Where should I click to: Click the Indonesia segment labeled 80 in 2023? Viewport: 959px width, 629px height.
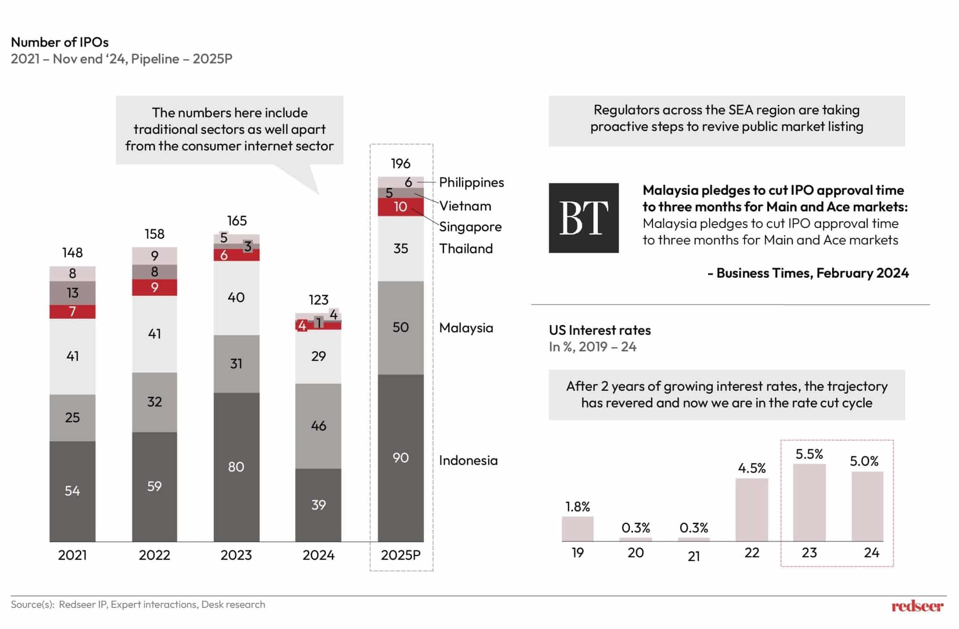(236, 467)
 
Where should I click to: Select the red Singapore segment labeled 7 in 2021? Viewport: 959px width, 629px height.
(72, 311)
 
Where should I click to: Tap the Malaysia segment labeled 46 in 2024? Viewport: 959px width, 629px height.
(318, 425)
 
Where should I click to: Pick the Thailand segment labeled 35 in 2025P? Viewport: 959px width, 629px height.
(400, 248)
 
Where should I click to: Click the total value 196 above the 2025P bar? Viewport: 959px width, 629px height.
(400, 163)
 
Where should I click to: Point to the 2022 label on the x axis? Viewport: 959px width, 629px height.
(154, 555)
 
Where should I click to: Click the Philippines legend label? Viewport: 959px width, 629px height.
(471, 182)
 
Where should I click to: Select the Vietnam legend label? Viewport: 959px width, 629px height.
(465, 205)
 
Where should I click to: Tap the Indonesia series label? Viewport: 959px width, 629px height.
(468, 460)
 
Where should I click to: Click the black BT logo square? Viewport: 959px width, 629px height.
(583, 218)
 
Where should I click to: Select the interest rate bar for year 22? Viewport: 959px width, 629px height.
(751, 509)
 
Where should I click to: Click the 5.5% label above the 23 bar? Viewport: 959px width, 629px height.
(809, 454)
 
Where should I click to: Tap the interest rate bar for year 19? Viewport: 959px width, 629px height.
(577, 528)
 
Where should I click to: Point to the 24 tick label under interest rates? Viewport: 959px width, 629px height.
(871, 553)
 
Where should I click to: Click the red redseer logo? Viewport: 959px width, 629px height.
(917, 606)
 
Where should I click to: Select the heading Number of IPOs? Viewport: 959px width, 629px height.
(59, 42)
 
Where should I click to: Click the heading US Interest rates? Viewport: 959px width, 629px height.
(599, 330)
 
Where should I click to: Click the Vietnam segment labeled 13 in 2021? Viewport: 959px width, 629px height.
(72, 293)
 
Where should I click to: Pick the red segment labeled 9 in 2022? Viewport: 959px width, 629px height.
(154, 287)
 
